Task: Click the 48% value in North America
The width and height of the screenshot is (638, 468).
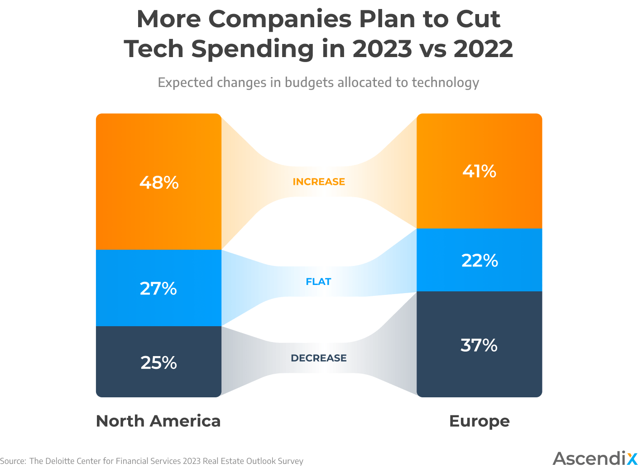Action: (x=159, y=183)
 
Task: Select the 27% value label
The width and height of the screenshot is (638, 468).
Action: (x=158, y=289)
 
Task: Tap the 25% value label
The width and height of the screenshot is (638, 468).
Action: (x=158, y=363)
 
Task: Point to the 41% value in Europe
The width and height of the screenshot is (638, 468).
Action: (x=479, y=171)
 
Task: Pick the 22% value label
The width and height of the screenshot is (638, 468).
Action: (x=480, y=261)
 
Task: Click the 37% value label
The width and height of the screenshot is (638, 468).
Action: (x=479, y=345)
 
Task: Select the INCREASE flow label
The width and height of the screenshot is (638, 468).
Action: (x=319, y=182)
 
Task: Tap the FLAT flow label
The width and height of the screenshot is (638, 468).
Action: (x=318, y=282)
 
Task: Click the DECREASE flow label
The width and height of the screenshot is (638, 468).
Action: (x=319, y=358)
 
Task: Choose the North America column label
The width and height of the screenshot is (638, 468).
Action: (x=158, y=421)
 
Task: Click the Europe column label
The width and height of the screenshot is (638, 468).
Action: (x=479, y=421)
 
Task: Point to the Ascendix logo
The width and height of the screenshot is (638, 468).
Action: (x=595, y=458)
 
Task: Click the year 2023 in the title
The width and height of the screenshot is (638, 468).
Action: (x=382, y=49)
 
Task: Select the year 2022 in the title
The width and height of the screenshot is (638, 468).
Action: (x=483, y=49)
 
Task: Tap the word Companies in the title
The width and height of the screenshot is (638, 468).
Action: (x=279, y=19)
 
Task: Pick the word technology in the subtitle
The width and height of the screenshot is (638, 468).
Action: (x=445, y=82)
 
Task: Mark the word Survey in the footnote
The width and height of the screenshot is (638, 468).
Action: (x=290, y=461)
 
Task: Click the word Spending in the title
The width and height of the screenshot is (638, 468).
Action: (x=252, y=49)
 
